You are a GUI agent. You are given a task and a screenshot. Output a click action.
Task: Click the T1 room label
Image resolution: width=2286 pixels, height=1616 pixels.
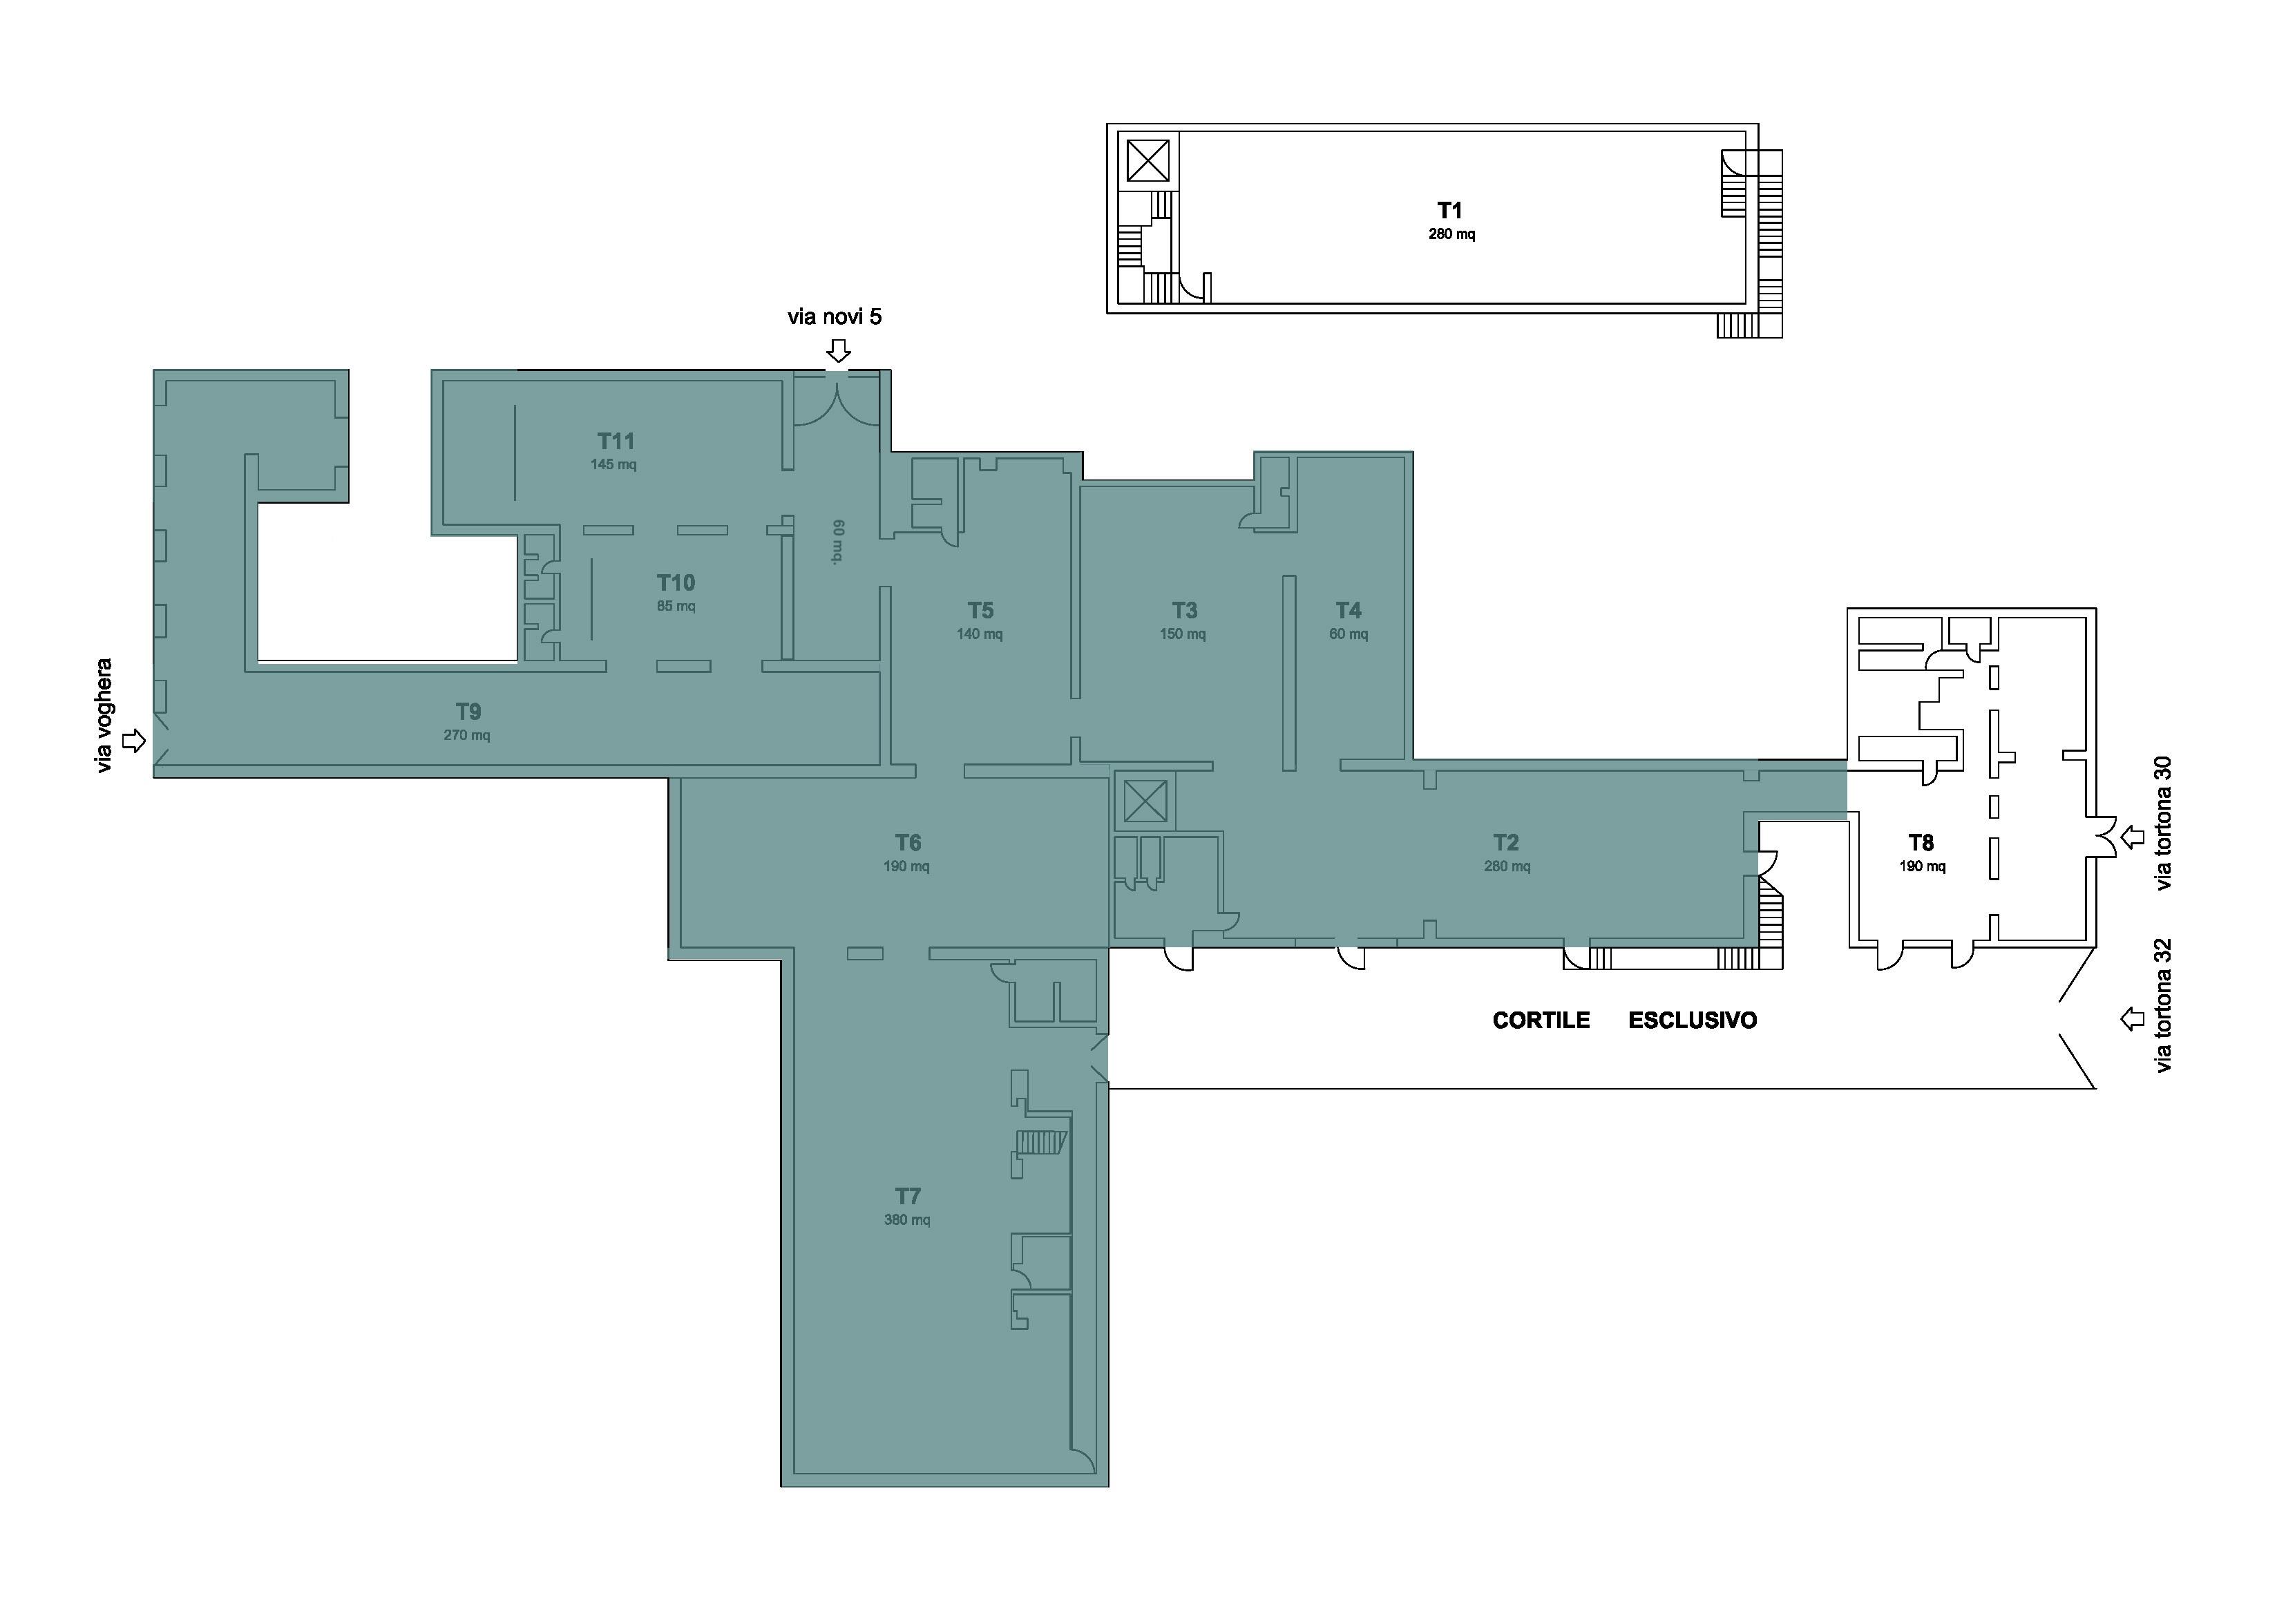coord(1449,210)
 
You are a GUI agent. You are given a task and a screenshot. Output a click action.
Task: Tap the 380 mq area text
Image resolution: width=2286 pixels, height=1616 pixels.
coord(907,1219)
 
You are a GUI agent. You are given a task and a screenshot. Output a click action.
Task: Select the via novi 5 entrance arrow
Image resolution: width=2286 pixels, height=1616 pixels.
coord(839,350)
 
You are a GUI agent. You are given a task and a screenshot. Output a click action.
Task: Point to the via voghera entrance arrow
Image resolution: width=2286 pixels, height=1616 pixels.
coord(133,741)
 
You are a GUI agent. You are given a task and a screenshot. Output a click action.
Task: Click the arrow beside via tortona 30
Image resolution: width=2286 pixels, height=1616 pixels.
coord(2132,837)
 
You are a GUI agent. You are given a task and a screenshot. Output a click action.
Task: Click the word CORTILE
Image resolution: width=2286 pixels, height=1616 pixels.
coord(1541,1020)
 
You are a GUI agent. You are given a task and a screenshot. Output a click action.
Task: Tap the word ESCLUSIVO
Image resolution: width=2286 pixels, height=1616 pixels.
coord(1693,1020)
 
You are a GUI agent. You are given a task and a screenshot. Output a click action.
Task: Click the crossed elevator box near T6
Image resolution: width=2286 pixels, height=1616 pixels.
coord(1145,801)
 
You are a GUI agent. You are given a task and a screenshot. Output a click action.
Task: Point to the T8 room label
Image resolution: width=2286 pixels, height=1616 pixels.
coord(1921,842)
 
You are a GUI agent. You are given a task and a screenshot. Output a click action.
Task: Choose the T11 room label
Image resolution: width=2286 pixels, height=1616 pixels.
coord(616,441)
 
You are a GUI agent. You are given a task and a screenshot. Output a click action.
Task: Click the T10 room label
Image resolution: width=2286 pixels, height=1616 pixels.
coord(676,582)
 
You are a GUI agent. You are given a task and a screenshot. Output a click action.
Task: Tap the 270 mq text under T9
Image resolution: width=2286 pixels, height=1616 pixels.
coord(467,736)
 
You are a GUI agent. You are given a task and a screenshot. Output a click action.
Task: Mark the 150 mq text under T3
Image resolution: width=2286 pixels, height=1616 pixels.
coord(1183,634)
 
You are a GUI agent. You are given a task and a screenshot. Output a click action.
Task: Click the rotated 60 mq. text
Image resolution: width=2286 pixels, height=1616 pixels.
coord(838,542)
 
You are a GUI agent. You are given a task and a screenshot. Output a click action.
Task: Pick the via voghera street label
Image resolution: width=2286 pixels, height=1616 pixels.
coord(104,716)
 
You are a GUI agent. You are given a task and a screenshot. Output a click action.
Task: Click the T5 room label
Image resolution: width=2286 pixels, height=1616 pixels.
coord(981,610)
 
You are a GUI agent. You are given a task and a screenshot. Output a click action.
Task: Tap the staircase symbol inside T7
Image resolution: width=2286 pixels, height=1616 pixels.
coord(1040,1142)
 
